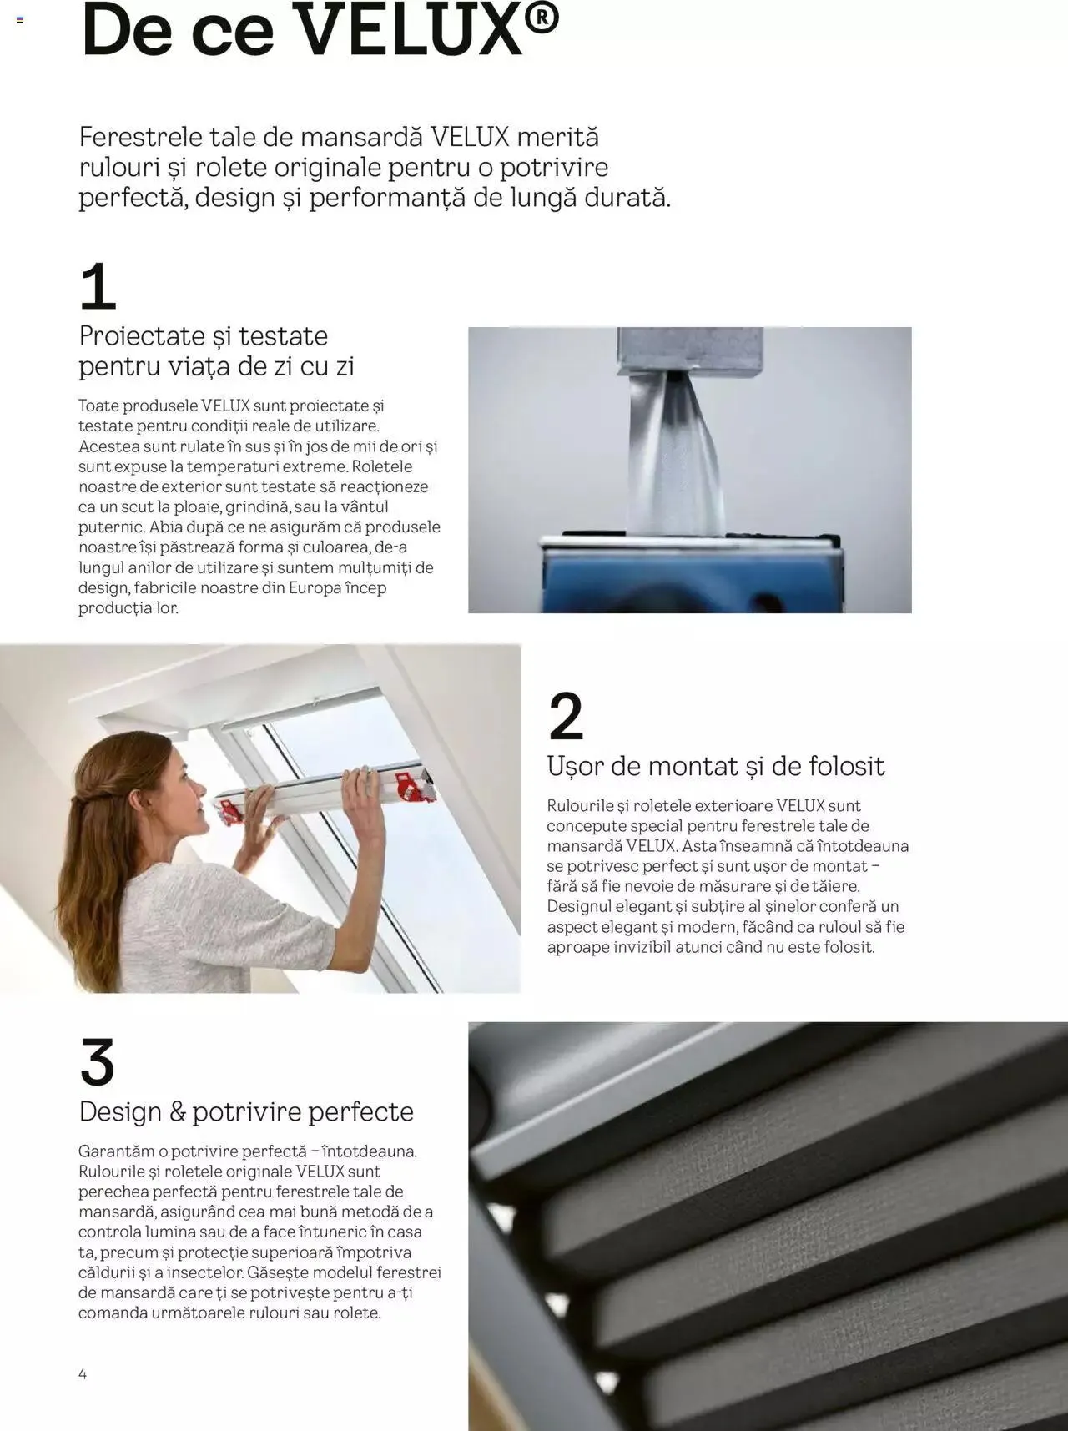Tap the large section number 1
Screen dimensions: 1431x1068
point(97,286)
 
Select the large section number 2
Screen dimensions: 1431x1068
point(566,716)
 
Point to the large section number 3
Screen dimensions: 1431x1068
point(97,1062)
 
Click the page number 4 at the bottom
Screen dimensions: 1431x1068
point(83,1373)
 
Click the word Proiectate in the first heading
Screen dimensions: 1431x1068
point(140,336)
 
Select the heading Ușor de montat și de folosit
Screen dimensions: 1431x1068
point(715,766)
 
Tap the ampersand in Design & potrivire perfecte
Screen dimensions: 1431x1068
point(177,1111)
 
